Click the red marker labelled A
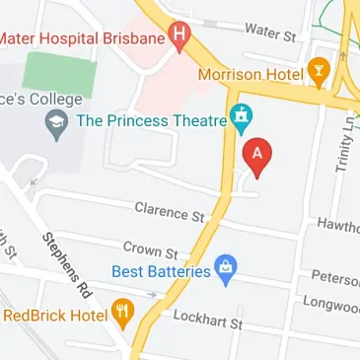[258, 157]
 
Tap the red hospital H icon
[179, 37]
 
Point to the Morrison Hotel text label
[251, 74]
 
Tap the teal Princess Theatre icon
[241, 119]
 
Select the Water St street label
[270, 33]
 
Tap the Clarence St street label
[169, 211]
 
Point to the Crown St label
[149, 251]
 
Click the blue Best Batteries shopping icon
[226, 268]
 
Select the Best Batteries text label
[167, 269]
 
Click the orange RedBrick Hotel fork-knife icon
[122, 315]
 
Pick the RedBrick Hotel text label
[55, 316]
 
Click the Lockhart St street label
[207, 319]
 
